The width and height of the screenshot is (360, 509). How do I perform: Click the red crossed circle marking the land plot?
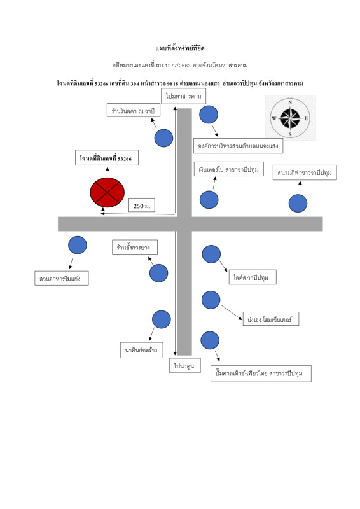coord(107,192)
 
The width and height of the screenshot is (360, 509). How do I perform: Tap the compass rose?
coord(290,118)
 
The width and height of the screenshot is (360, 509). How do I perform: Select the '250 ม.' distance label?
coord(142,205)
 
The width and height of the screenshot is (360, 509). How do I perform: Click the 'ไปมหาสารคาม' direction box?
coord(183,96)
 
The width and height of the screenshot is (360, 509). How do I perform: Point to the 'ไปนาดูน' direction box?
coord(184,365)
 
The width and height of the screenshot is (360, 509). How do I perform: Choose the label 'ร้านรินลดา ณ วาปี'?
coord(134,110)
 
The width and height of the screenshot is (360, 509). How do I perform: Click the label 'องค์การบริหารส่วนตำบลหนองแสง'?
coord(239,146)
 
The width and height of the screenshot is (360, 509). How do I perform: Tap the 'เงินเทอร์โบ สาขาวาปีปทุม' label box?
coord(229,169)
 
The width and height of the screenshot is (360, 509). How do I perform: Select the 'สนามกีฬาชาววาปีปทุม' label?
coord(305,172)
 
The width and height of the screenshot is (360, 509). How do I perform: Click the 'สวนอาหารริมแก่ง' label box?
coord(62,279)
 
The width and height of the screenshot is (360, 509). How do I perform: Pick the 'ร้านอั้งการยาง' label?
coord(135,248)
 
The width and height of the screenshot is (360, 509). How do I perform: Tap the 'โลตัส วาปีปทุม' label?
coord(253,277)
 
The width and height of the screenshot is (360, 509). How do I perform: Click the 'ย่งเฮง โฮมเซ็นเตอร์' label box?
coord(271,319)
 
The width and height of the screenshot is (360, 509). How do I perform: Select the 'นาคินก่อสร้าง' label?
coord(142,350)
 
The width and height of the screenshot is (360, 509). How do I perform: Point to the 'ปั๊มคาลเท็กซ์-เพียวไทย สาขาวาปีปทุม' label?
coord(261,373)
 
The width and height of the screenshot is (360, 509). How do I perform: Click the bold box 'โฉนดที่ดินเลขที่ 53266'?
coord(107,158)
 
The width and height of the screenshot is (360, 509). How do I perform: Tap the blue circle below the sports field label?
coord(298,203)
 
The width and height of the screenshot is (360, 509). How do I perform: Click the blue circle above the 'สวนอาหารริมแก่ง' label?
coord(78,245)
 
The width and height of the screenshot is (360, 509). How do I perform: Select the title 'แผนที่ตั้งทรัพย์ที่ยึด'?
coord(180,48)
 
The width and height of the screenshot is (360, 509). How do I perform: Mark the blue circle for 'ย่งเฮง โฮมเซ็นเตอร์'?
coord(211,300)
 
